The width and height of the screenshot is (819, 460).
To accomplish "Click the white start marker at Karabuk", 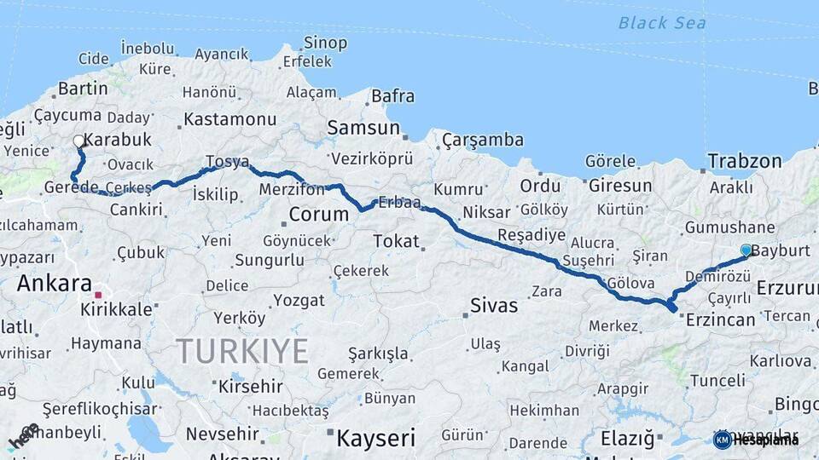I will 78,141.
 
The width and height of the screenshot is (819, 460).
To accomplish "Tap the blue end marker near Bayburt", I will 746,250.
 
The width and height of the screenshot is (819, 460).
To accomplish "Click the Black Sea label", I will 662,23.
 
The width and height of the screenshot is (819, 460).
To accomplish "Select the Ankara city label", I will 55,283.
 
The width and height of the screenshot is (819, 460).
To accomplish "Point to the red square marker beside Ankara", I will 98,295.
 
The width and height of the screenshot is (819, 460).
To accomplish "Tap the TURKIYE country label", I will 242,350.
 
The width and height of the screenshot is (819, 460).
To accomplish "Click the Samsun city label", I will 363,129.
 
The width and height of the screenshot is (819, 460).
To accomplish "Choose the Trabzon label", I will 744,161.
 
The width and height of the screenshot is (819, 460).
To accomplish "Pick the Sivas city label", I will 494,304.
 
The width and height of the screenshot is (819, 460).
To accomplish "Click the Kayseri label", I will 375,438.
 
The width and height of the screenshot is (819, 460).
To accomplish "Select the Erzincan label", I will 721,319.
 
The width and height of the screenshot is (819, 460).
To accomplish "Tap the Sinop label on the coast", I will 326,43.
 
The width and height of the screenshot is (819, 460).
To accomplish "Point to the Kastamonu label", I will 230,119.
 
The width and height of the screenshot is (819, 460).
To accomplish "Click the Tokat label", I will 396,241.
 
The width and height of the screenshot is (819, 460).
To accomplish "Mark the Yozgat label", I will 299,301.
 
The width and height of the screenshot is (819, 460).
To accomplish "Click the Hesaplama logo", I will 756,440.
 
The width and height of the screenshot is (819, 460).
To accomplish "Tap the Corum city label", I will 318,214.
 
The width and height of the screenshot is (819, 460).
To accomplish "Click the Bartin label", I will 83,89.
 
